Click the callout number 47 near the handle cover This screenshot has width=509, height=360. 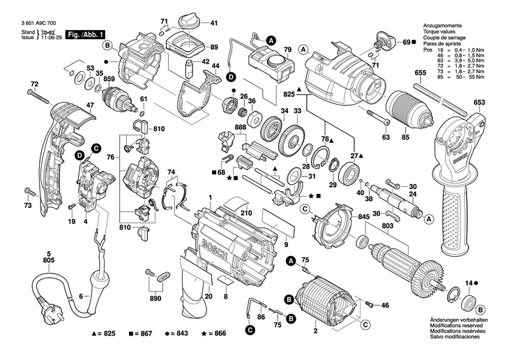tap(89, 106)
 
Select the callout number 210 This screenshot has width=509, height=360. tap(246, 213)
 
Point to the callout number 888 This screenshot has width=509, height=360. tap(241, 127)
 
